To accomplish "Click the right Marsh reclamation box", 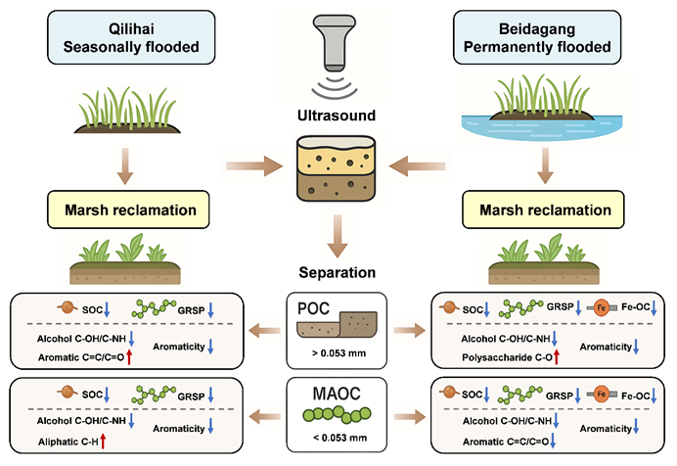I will (x=558, y=210).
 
